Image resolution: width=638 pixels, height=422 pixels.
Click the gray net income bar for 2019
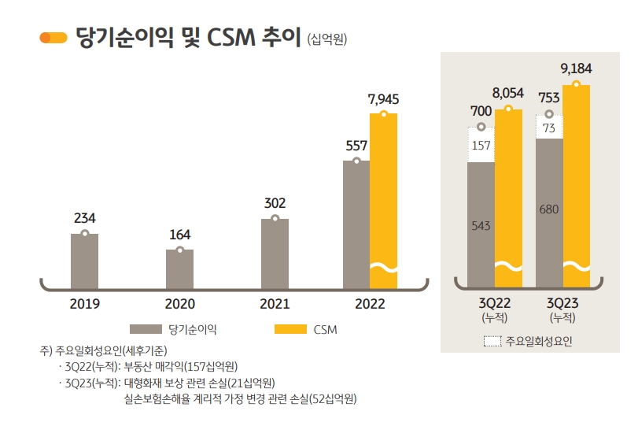click(84, 261)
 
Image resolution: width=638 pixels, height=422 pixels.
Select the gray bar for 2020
click(179, 268)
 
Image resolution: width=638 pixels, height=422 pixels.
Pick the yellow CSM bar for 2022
click(383, 197)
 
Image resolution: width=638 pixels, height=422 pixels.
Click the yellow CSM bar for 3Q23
click(576, 181)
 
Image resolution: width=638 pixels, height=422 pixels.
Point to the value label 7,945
click(384, 98)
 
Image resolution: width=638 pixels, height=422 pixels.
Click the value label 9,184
click(576, 68)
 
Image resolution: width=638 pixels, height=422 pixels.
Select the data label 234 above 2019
click(84, 218)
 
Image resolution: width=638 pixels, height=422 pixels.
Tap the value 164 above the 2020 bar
click(179, 235)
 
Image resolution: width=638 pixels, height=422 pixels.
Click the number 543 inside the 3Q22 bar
click(481, 226)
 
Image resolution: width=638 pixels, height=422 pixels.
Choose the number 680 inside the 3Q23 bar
click(548, 209)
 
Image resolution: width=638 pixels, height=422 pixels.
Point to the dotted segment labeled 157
click(481, 145)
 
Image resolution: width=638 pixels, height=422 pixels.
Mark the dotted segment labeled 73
click(548, 128)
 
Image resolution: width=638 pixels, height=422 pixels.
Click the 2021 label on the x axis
click(275, 303)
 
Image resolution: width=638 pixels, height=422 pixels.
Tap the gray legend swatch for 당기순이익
click(146, 328)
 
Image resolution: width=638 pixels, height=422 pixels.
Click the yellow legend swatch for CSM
click(289, 328)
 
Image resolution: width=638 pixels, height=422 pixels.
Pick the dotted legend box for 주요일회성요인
click(492, 342)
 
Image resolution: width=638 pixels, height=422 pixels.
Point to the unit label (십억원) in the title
click(328, 39)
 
